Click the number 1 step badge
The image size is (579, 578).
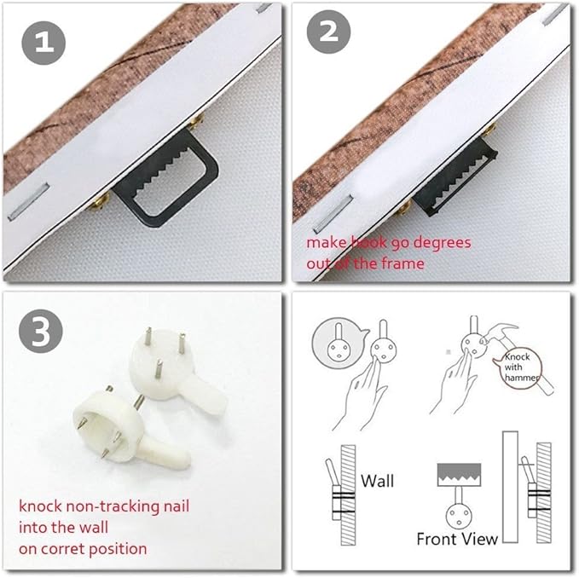[x=43, y=43]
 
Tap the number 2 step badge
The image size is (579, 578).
[x=328, y=32]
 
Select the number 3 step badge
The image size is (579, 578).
[x=41, y=331]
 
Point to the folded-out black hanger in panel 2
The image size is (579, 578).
[x=455, y=177]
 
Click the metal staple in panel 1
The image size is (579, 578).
[x=29, y=201]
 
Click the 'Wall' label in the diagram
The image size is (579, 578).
[x=378, y=481]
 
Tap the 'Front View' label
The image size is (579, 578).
[x=457, y=539]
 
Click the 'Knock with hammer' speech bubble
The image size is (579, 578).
[x=521, y=368]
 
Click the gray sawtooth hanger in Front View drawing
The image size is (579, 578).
[x=459, y=475]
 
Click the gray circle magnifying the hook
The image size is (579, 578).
[x=339, y=343]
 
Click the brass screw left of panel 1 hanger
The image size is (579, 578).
[x=100, y=202]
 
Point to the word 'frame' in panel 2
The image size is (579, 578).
[x=402, y=263]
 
